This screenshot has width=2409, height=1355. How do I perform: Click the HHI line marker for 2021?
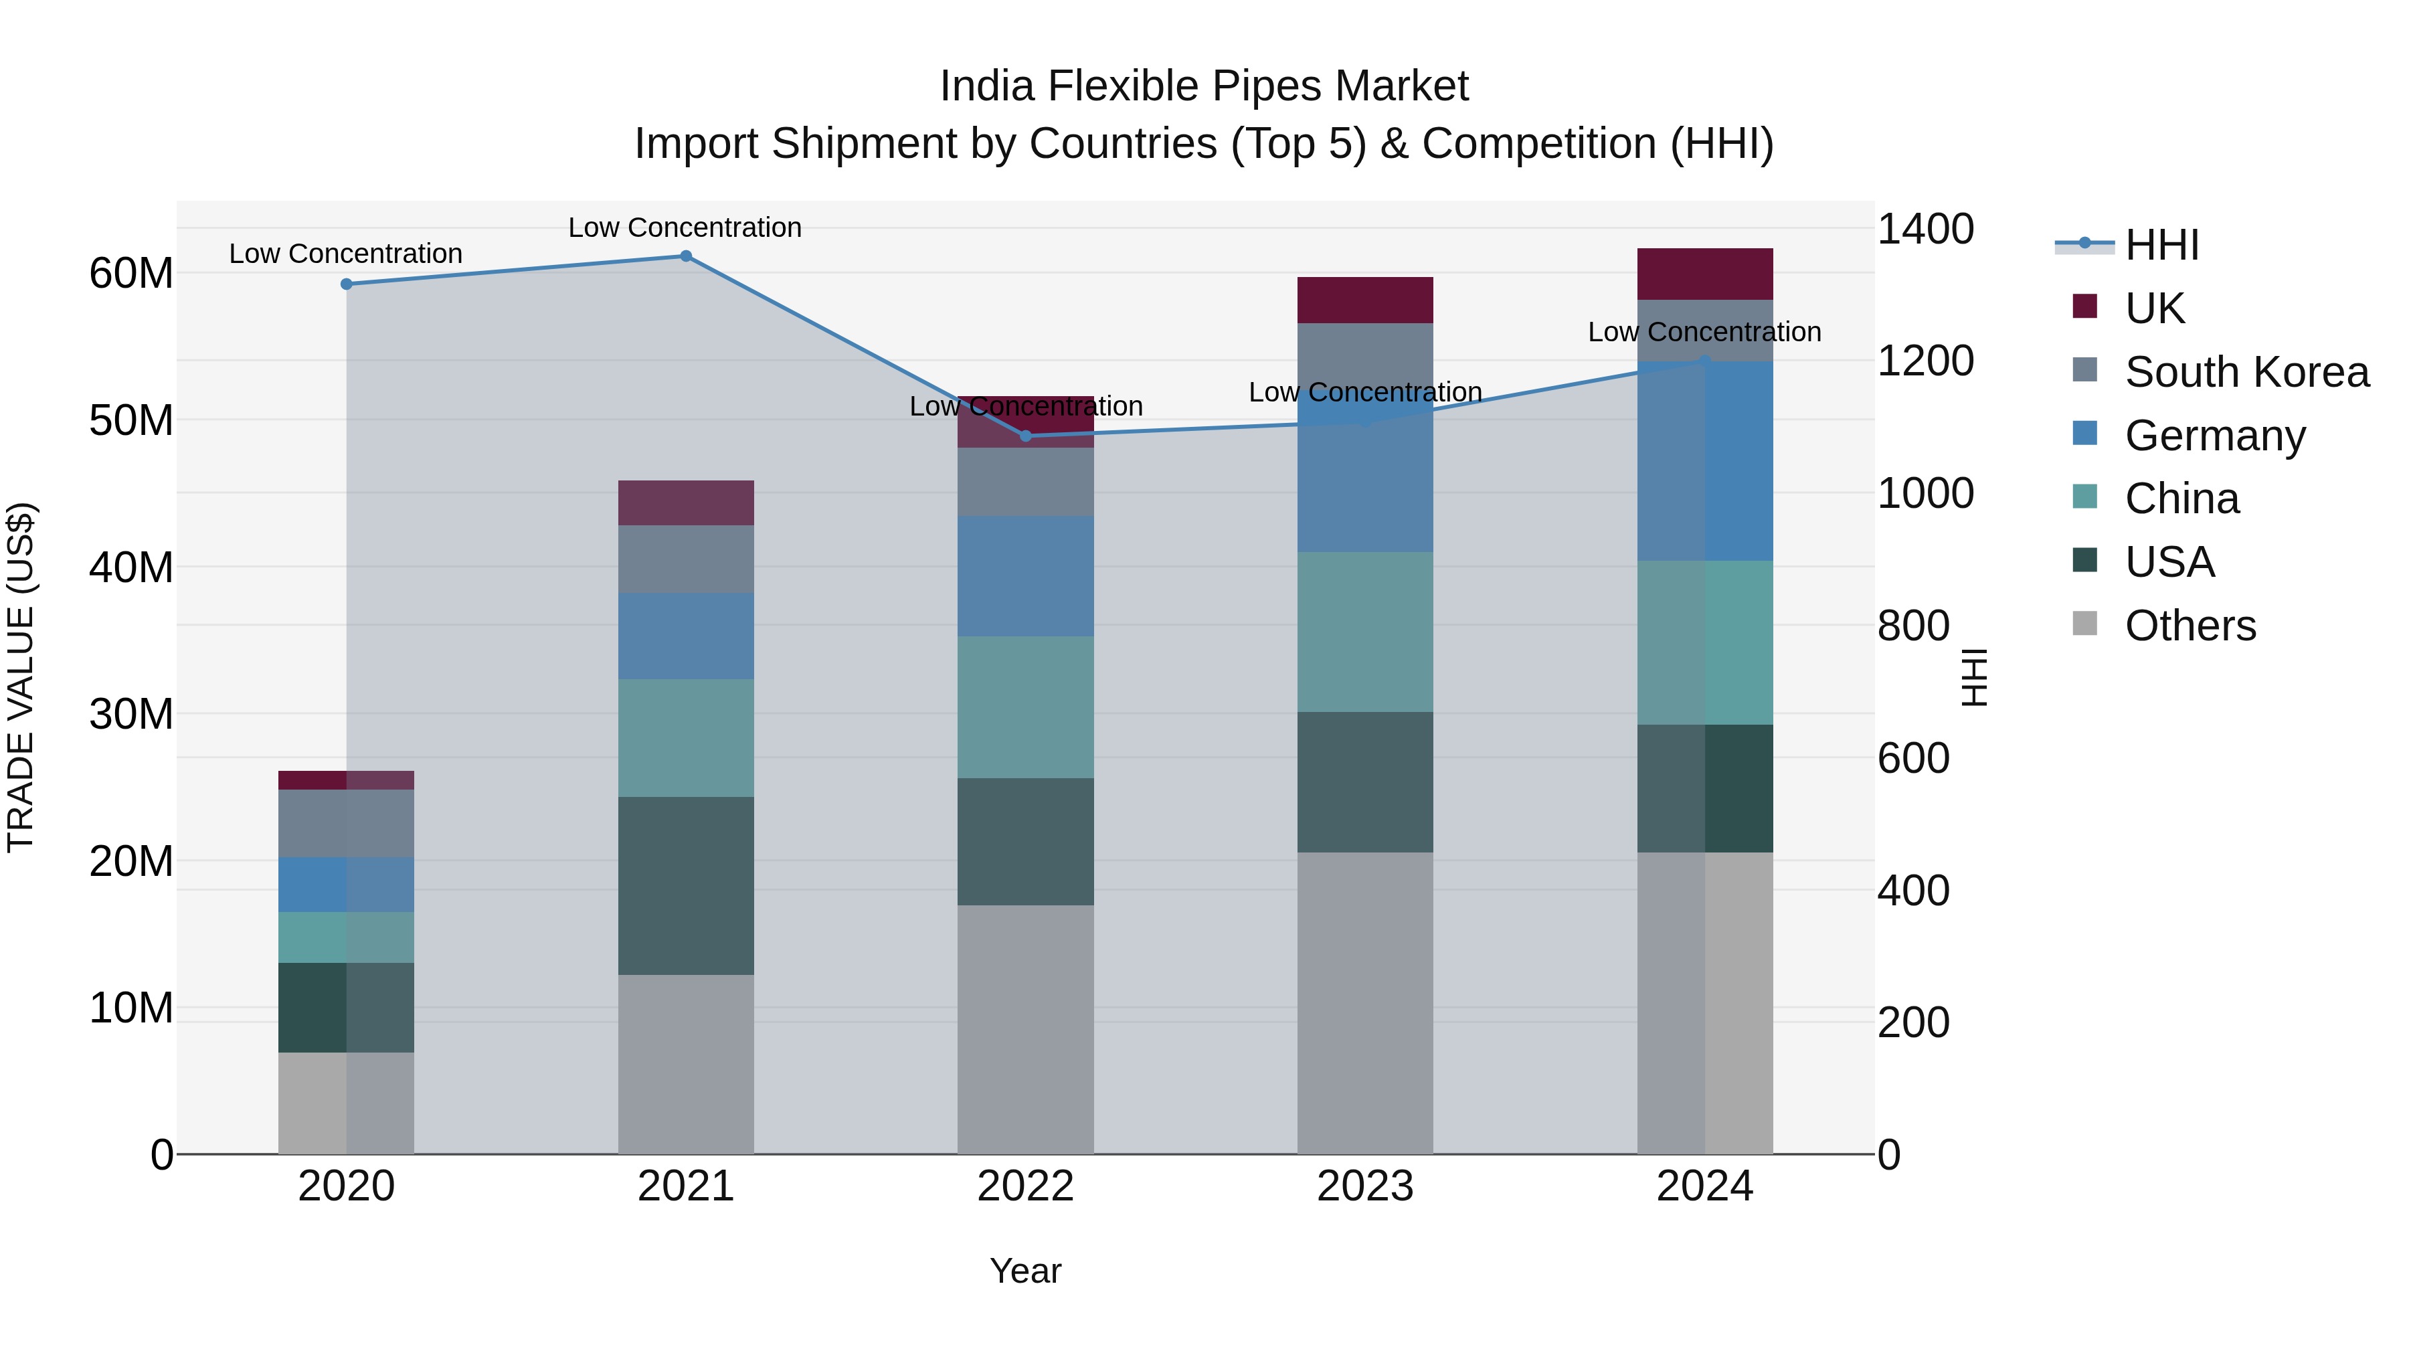685,256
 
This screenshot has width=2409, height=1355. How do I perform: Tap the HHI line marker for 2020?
346,284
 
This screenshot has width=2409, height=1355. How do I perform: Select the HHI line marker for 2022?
1025,436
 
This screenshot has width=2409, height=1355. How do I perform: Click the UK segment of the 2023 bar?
1364,300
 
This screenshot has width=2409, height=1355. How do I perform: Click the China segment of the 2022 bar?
1025,707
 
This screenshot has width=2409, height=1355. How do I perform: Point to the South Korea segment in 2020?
346,823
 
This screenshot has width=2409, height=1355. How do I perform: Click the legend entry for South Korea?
2246,372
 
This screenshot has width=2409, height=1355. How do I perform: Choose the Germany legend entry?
2214,436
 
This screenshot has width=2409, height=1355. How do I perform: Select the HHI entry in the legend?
2161,245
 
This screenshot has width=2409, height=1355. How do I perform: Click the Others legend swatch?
2084,624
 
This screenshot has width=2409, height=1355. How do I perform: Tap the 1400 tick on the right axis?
1925,229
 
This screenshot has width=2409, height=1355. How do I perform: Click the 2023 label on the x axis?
1364,1186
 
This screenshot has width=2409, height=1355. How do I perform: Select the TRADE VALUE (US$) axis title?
21,677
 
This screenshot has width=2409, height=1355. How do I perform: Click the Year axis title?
1025,1271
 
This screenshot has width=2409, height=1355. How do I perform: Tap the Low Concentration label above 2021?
685,228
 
